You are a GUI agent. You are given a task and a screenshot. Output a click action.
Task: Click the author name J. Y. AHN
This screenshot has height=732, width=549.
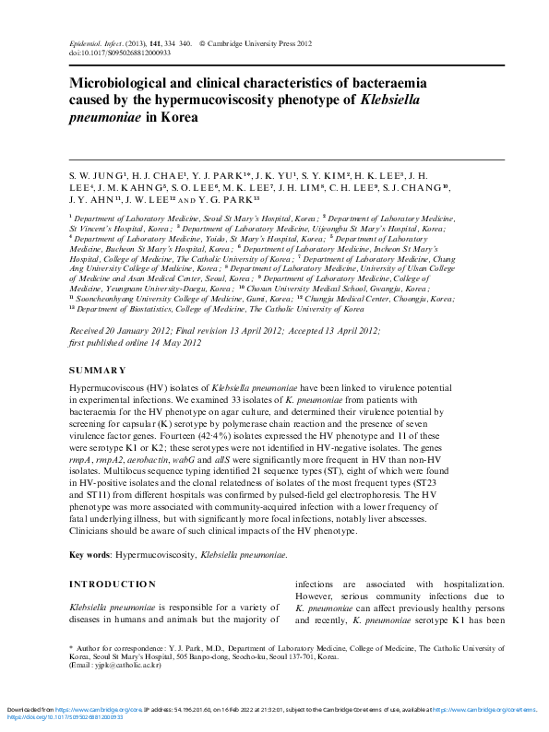coord(93,198)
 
